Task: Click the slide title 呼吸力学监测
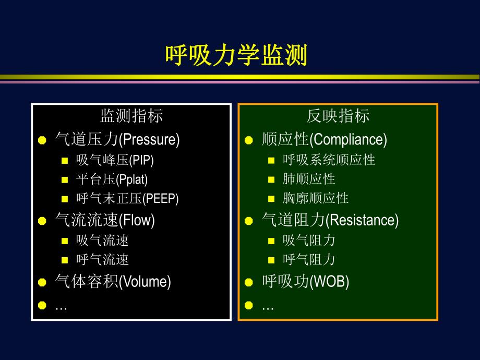(x=236, y=55)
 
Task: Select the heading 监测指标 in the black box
(x=131, y=116)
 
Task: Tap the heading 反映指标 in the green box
(x=338, y=116)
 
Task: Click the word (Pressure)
(x=149, y=140)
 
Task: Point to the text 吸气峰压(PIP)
(x=115, y=160)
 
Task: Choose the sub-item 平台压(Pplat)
(x=112, y=179)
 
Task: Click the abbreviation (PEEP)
(x=160, y=199)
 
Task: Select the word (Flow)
(x=137, y=220)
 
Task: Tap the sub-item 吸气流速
(x=102, y=240)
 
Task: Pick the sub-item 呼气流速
(x=102, y=259)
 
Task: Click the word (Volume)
(x=145, y=282)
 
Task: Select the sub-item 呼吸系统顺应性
(x=329, y=160)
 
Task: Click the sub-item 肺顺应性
(x=309, y=179)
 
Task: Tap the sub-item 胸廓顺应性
(x=315, y=199)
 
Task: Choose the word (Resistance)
(x=362, y=220)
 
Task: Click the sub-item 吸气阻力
(x=309, y=240)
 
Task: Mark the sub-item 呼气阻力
(x=309, y=259)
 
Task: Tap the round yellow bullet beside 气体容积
(x=42, y=283)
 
